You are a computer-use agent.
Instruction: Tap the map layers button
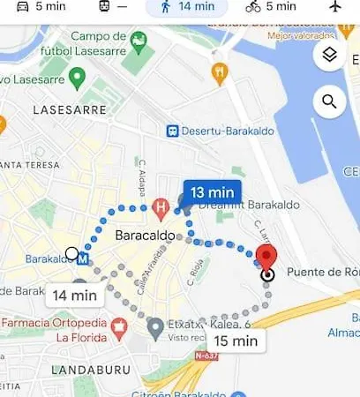[330, 56]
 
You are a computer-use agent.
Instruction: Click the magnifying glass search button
[330, 101]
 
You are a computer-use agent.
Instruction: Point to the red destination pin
[267, 257]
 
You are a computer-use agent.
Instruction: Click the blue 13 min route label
[212, 191]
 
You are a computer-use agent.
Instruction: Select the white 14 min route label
[73, 296]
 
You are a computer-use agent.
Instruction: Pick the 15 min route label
[235, 341]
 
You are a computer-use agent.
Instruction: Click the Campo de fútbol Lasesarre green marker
[138, 41]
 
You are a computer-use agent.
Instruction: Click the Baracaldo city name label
[145, 236]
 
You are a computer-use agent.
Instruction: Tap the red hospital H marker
[160, 209]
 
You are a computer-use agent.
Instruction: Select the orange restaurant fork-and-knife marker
[220, 72]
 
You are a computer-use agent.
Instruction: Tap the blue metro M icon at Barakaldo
[83, 260]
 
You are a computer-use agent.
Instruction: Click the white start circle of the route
[71, 254]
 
